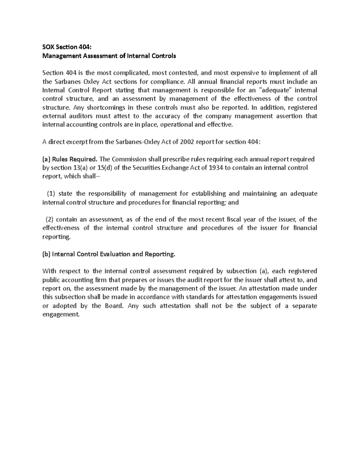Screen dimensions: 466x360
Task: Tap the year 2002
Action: (x=187, y=142)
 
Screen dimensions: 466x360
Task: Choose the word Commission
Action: (x=127, y=159)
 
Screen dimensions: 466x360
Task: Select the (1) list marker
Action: (x=51, y=194)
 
